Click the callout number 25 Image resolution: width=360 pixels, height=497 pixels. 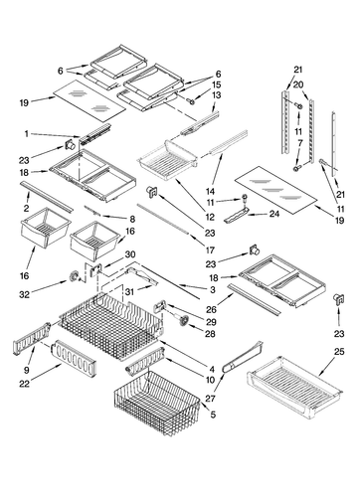click(339, 352)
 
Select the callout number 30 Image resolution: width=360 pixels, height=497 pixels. click(130, 254)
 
